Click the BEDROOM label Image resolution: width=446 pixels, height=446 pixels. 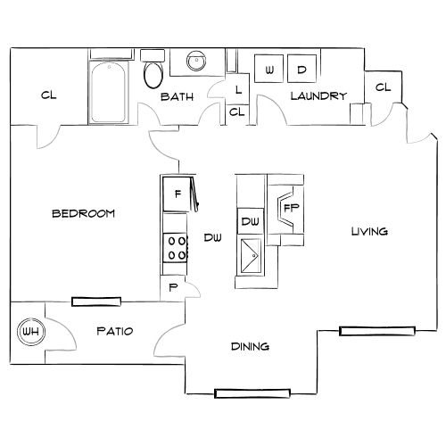tap(83, 213)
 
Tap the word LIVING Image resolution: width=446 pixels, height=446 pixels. tap(368, 231)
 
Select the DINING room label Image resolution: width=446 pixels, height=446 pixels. tap(251, 347)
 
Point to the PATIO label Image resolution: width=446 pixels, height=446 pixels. tap(114, 331)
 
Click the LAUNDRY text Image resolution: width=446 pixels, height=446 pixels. tap(318, 96)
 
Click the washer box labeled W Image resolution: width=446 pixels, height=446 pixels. tap(268, 70)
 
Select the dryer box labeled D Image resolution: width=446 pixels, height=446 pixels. tap(301, 70)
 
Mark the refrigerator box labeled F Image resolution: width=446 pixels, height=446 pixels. tap(178, 194)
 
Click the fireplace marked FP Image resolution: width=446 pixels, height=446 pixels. tap(290, 208)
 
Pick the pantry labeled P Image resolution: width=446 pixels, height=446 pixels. tap(173, 287)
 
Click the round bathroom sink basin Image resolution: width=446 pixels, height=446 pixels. tap(195, 62)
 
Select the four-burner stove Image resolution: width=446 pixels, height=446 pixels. tap(174, 247)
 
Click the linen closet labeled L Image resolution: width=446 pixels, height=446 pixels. tap(238, 89)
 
